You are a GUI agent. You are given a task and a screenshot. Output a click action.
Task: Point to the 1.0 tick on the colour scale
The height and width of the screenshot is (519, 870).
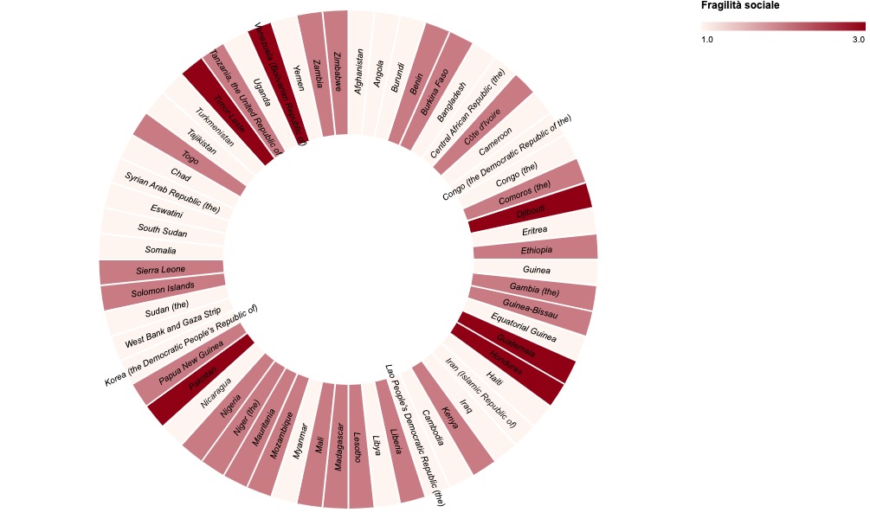706,40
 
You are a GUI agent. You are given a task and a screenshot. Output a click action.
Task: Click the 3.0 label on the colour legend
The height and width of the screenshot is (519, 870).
858,40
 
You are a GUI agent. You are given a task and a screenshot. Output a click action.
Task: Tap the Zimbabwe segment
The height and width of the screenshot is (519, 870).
337,73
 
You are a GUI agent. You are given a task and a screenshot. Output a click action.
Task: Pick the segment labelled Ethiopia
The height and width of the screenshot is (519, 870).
536,250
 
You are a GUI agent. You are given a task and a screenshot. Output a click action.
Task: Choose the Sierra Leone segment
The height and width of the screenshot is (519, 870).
161,270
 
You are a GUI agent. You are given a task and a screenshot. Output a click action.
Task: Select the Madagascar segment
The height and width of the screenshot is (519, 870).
336,445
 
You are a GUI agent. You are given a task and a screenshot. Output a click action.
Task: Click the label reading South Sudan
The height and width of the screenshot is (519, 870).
163,230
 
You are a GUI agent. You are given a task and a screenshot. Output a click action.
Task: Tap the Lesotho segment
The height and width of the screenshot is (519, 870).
361,445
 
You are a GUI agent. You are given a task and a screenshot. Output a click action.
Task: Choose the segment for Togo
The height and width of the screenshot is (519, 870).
190,157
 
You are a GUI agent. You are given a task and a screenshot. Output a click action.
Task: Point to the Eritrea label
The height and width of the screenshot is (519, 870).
534,231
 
